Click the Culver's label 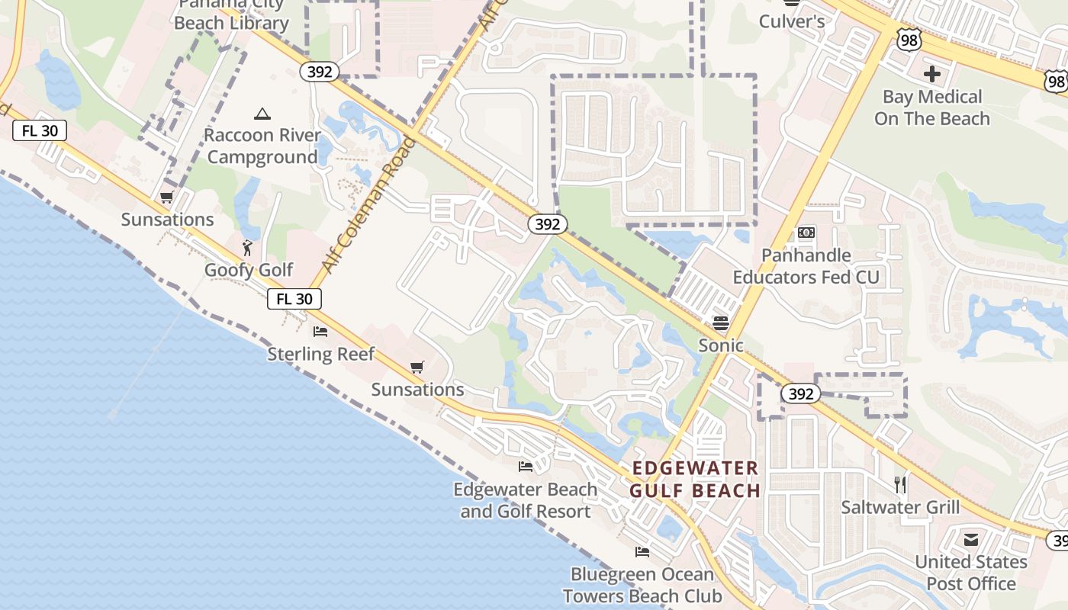[x=791, y=21]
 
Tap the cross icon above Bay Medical [x=931, y=74]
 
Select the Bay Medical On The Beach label [x=931, y=108]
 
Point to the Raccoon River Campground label [x=262, y=146]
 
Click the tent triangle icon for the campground [x=262, y=114]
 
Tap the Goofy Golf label [x=249, y=270]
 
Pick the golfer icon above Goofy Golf [x=247, y=247]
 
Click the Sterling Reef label [x=320, y=354]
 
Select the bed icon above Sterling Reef [x=320, y=332]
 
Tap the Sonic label [x=721, y=345]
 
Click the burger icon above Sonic [x=721, y=323]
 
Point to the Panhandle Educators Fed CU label [x=806, y=266]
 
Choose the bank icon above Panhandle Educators [x=806, y=233]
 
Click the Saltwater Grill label [x=900, y=507]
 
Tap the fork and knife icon [x=900, y=484]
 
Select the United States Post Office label [x=970, y=573]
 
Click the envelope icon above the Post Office [x=970, y=541]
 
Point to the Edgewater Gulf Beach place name [x=695, y=479]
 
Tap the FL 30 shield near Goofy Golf [x=294, y=299]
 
